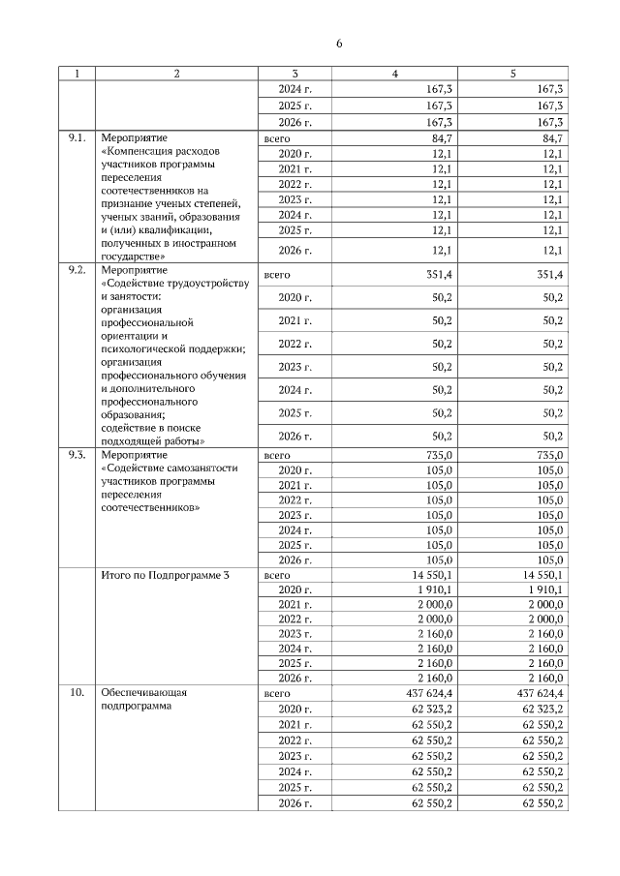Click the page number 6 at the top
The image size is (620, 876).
click(339, 44)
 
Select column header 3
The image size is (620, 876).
click(294, 74)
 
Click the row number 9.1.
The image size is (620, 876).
click(76, 139)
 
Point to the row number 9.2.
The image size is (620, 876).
click(76, 270)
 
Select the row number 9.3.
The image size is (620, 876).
click(76, 454)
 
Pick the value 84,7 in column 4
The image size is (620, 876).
click(442, 139)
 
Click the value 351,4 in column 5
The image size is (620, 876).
click(549, 276)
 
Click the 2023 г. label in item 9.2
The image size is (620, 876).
click(294, 367)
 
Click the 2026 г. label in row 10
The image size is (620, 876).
click(294, 802)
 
